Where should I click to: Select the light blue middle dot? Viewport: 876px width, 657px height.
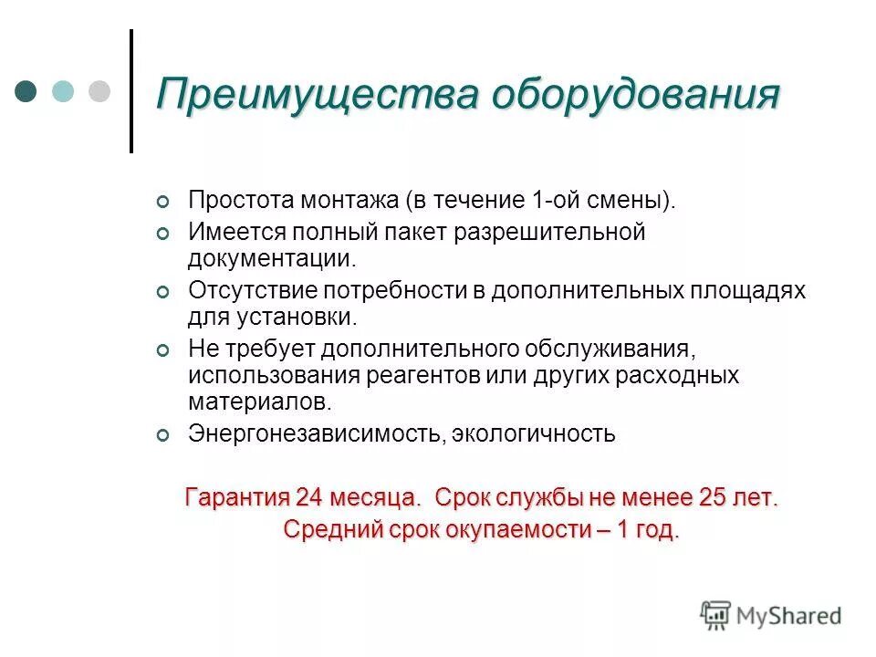click(x=62, y=91)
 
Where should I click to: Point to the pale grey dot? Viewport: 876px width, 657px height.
click(x=98, y=91)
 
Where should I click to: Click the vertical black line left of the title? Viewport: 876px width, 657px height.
click(x=131, y=91)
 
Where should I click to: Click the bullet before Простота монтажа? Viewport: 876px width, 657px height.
click(x=163, y=202)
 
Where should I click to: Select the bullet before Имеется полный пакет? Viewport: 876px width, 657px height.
click(x=163, y=234)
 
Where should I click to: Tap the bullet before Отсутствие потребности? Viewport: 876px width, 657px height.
click(x=163, y=292)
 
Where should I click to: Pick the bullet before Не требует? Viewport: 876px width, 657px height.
click(x=163, y=350)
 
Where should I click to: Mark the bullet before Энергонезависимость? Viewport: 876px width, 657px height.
click(x=163, y=435)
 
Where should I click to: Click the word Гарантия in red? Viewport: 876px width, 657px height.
click(x=235, y=498)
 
